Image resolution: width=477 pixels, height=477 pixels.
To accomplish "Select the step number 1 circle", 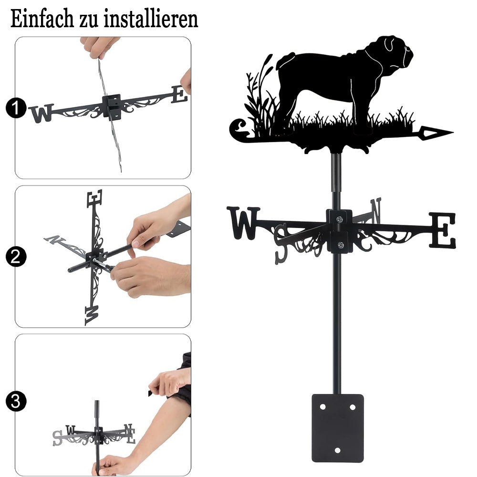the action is tap(15, 108).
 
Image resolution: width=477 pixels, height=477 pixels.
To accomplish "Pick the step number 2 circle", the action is tap(15, 257).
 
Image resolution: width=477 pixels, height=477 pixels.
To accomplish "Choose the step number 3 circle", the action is tap(15, 401).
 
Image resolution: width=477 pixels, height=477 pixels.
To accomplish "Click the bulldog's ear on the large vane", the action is tap(389, 44).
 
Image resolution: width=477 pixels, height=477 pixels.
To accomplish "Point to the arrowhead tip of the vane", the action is tap(453, 132).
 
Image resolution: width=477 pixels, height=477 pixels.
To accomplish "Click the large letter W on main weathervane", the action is tap(243, 223).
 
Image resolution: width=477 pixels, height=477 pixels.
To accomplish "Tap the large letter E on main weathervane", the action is tap(443, 230).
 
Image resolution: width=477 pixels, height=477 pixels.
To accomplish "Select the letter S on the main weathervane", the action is tap(281, 243).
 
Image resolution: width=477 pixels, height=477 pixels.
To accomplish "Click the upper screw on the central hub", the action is tap(340, 219).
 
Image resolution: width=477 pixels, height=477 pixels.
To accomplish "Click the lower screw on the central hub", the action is tap(341, 245).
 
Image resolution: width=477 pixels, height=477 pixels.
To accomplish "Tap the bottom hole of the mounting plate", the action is tap(337, 450).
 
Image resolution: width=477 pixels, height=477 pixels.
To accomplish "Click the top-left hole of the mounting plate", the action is tap(323, 407).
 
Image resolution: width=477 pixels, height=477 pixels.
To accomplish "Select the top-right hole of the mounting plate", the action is tap(353, 407).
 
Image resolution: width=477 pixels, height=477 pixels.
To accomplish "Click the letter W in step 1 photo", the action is tap(41, 113).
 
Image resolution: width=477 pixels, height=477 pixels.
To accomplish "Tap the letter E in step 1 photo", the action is tap(179, 94).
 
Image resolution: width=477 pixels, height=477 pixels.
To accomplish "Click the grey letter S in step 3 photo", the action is tap(57, 438).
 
